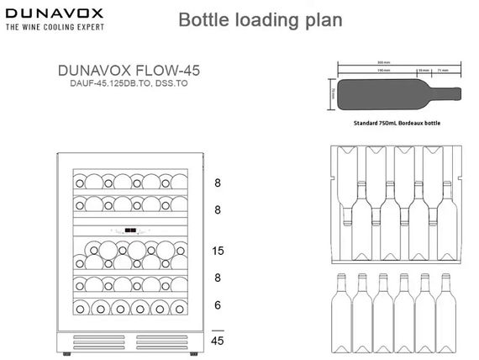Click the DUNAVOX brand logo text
coord(55,13)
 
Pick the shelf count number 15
coord(218,251)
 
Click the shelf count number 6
coord(218,306)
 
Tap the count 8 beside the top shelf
coord(218,182)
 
